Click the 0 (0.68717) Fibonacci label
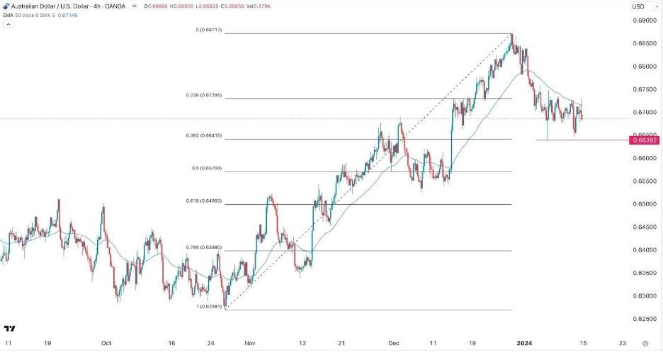click(211, 30)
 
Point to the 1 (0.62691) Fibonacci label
click(210, 306)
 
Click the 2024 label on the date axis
click(525, 343)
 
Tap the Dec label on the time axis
click(395, 343)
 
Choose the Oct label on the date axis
click(106, 343)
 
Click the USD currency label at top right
click(638, 6)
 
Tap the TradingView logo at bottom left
click(10, 329)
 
